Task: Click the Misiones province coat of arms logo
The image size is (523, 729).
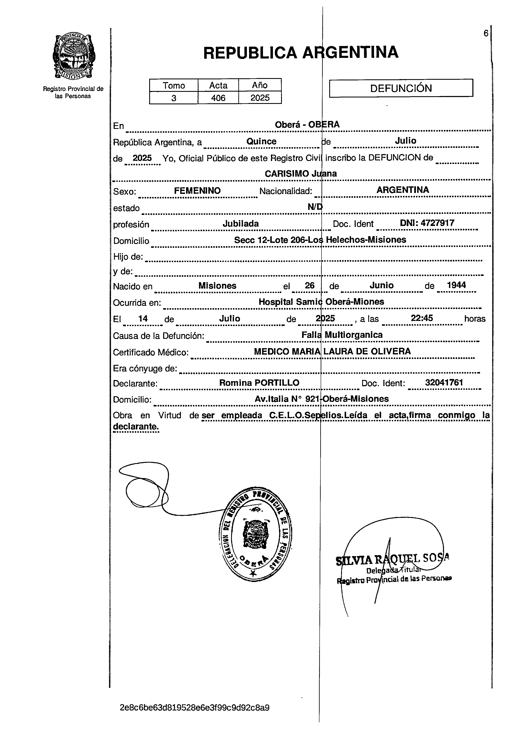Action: pyautogui.click(x=73, y=57)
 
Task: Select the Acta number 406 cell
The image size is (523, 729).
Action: pyautogui.click(x=218, y=98)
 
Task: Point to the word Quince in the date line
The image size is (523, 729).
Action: pyautogui.click(x=261, y=141)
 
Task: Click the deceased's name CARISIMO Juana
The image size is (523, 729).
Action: pyautogui.click(x=301, y=174)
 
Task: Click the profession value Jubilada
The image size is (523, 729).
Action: pyautogui.click(x=241, y=223)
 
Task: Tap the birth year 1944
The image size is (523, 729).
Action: pyautogui.click(x=456, y=285)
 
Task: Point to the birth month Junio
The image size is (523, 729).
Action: pyautogui.click(x=382, y=285)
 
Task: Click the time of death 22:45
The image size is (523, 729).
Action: pyautogui.click(x=422, y=318)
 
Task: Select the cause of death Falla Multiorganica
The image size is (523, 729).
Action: pyautogui.click(x=342, y=335)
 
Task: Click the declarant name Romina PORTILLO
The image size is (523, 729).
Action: pyautogui.click(x=259, y=383)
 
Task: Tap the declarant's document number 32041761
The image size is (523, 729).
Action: pyautogui.click(x=444, y=382)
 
